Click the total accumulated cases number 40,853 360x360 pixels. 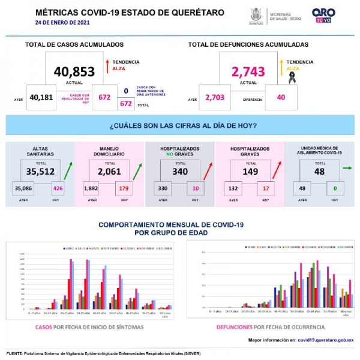pyautogui.click(x=74, y=72)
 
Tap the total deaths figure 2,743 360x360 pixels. pyautogui.click(x=248, y=72)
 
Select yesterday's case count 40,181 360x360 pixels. pyautogui.click(x=41, y=98)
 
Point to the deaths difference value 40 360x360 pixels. pyautogui.click(x=281, y=98)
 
